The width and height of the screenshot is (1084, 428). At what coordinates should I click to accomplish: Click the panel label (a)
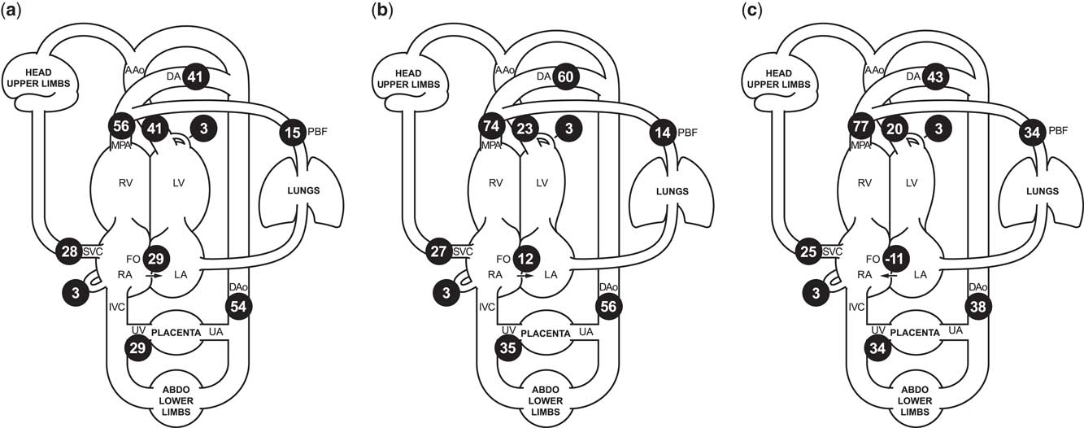click(x=11, y=11)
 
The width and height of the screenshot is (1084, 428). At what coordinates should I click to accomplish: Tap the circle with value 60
click(x=566, y=77)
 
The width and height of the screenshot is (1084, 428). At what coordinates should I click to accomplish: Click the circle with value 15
click(x=293, y=131)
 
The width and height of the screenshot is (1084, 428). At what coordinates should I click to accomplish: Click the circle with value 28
click(x=69, y=251)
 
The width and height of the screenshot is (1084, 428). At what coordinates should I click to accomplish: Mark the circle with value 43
click(x=937, y=77)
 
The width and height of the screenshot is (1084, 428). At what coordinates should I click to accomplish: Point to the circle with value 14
click(x=663, y=131)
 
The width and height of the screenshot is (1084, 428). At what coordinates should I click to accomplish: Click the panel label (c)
click(x=751, y=11)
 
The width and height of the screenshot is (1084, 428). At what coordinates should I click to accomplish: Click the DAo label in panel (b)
click(x=607, y=287)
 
